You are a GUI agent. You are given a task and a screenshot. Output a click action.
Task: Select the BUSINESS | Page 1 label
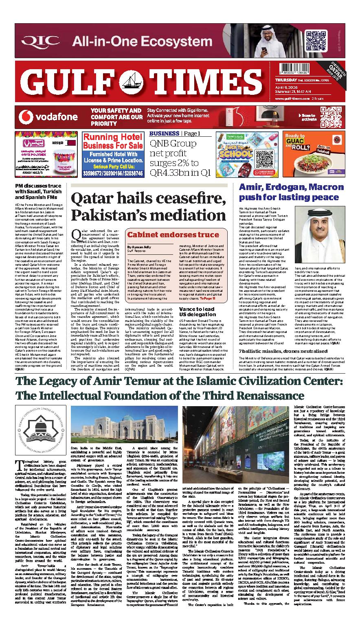(175, 133)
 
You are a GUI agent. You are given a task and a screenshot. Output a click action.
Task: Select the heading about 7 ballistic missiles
(283, 351)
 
